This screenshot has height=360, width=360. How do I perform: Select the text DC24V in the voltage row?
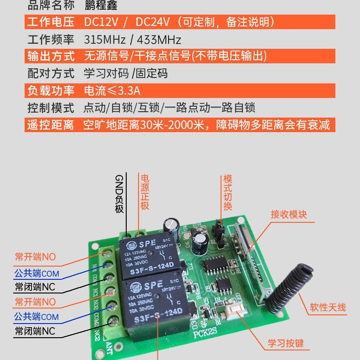[x=153, y=22]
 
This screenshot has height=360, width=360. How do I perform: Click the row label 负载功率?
[x=51, y=90]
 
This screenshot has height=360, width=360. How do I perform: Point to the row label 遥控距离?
[x=51, y=125]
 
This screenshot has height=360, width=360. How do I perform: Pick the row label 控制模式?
[x=51, y=108]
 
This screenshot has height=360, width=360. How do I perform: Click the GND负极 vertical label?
[x=119, y=194]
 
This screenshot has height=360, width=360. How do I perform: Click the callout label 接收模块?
[x=289, y=214]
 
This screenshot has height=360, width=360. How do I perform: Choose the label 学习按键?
[x=286, y=343]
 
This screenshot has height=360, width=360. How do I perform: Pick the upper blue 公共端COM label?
[x=36, y=273]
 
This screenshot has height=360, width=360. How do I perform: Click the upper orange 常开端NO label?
[x=35, y=257]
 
